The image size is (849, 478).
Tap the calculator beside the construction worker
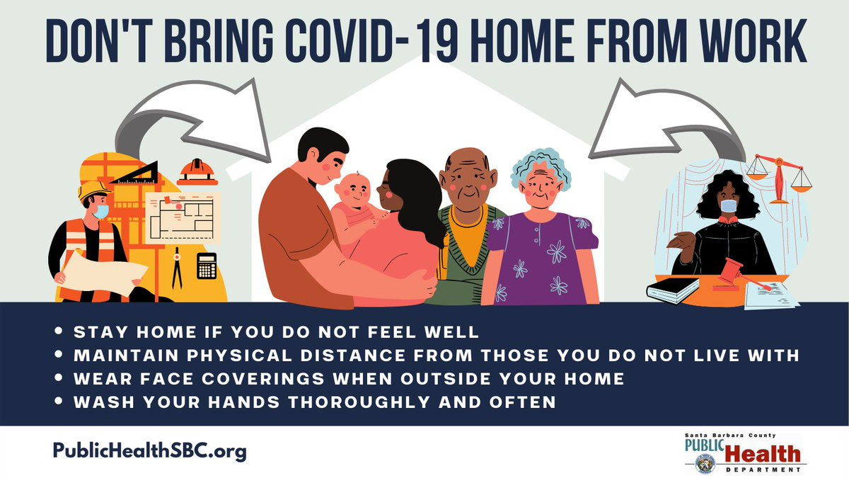click(207, 266)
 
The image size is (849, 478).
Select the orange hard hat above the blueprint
click(197, 172)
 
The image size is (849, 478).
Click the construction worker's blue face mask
click(101, 212)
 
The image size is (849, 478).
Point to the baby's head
click(352, 193)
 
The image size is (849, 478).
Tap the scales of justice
click(779, 178)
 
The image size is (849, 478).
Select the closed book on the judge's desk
click(673, 290)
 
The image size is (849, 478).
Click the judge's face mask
click(729, 206)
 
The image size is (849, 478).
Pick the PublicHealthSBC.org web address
click(150, 451)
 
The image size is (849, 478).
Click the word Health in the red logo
click(763, 455)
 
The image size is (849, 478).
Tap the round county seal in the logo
click(705, 464)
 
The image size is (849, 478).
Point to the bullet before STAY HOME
click(58, 331)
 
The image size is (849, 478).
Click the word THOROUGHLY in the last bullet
click(359, 402)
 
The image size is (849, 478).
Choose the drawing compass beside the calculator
click(177, 268)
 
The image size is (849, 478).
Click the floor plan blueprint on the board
click(183, 218)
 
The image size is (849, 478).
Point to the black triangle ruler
click(137, 173)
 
